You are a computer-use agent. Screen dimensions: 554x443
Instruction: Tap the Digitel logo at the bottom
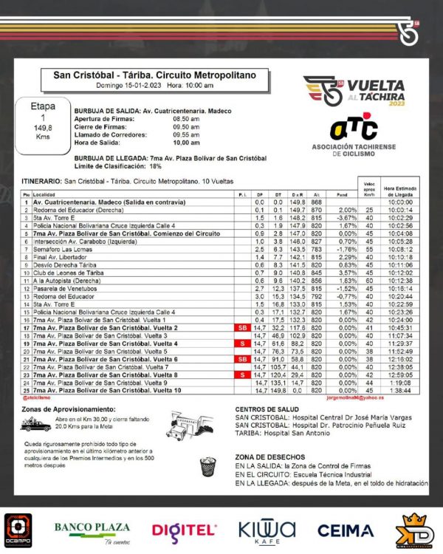pos(185,529)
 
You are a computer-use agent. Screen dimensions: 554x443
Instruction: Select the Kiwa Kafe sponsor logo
pos(267,530)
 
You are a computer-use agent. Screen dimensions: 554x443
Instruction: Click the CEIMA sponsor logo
pos(345,530)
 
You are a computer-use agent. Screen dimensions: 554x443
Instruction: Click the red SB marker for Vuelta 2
pos(240,327)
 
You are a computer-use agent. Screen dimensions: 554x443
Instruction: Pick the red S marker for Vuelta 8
pos(240,375)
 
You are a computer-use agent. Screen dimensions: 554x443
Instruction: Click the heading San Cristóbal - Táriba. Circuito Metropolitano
pos(154,75)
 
